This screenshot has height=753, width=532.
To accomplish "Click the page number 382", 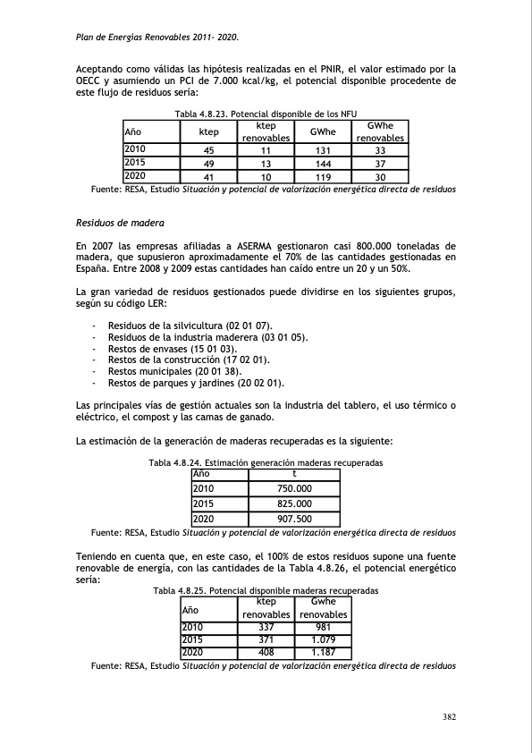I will click(x=450, y=716).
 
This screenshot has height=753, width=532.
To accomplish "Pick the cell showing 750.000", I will click(x=295, y=489).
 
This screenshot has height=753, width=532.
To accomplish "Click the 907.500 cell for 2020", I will click(x=295, y=519).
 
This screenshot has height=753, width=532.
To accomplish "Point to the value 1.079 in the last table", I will click(x=323, y=640).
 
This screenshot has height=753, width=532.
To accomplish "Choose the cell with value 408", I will click(x=266, y=653).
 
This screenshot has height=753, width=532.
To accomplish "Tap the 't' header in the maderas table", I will click(x=295, y=473).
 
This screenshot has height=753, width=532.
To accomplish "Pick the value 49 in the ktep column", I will click(x=208, y=164).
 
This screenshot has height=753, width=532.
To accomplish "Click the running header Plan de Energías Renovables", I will click(x=156, y=37).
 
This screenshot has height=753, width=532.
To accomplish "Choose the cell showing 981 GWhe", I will click(x=323, y=627).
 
